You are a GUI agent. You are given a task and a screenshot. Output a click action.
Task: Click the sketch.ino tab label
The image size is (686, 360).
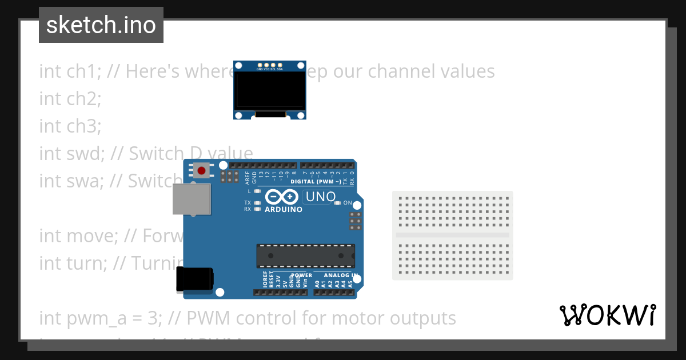[x=101, y=25]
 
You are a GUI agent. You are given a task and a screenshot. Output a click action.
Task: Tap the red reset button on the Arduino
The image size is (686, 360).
[x=201, y=170]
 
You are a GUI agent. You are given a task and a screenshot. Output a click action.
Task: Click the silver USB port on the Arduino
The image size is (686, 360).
[x=192, y=199]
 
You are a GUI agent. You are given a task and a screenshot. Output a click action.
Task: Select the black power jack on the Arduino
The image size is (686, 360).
[x=195, y=278]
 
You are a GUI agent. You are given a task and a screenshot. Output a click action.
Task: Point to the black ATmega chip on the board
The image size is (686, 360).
[x=305, y=255]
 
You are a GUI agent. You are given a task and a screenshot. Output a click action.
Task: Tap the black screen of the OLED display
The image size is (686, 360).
[x=269, y=91]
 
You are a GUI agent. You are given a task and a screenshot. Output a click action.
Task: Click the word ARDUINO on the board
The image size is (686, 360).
[x=284, y=209]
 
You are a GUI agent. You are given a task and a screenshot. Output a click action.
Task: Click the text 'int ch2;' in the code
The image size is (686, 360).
[x=70, y=98]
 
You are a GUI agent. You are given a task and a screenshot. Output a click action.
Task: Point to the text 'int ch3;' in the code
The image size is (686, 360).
[x=70, y=126]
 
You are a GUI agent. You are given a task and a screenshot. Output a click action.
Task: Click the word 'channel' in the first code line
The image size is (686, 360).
[x=396, y=71]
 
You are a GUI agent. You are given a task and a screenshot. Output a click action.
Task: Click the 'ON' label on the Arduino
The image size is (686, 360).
[x=348, y=203]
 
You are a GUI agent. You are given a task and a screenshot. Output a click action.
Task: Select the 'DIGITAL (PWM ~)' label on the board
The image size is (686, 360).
[x=316, y=182]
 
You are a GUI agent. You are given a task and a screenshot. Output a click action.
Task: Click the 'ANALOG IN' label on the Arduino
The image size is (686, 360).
[x=341, y=275]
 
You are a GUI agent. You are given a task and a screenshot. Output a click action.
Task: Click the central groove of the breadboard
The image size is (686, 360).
[x=452, y=235]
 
